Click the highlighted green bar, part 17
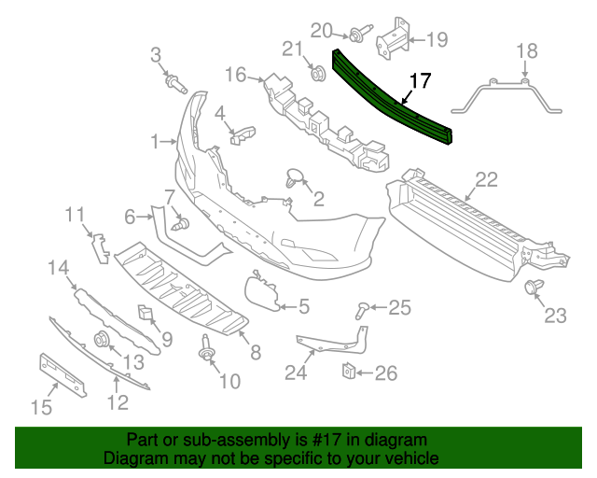392,98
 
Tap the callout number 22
486,179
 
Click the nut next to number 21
315,71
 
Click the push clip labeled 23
535,287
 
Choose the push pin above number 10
203,354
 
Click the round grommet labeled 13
103,339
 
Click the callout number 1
155,142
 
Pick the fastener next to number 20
357,36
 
